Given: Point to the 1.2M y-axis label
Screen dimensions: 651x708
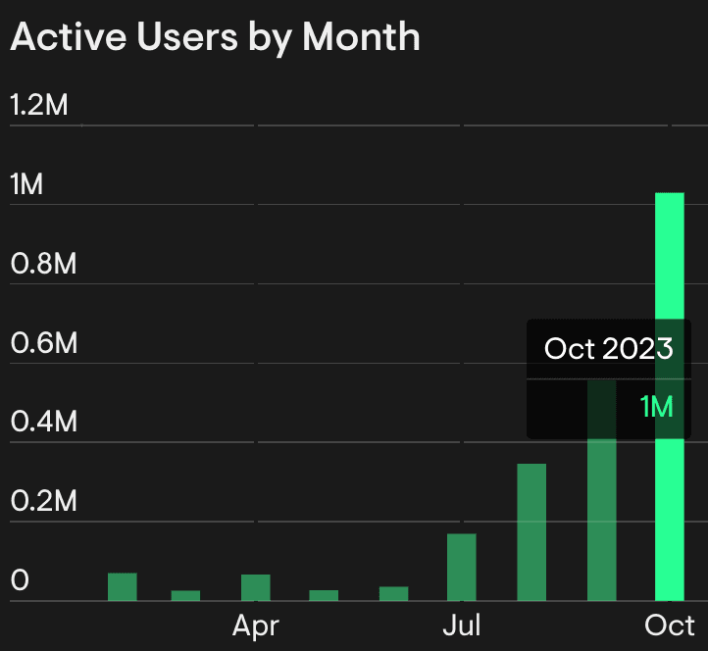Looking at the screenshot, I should point(39,105).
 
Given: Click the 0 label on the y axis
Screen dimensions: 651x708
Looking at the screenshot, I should point(21,581).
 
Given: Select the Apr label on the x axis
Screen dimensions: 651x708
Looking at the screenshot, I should point(256,626).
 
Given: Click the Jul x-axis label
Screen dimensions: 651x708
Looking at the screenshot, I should point(461,626).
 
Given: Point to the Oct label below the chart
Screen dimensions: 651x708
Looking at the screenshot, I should point(671,626).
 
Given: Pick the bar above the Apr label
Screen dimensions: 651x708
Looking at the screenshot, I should point(256,587).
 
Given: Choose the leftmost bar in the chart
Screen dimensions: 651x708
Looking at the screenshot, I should point(122,586).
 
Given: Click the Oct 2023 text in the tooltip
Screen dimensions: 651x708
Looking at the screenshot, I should point(608,348).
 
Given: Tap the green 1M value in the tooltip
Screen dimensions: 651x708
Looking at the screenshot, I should point(656,406).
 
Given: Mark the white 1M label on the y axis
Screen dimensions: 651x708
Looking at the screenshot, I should point(26,184).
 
